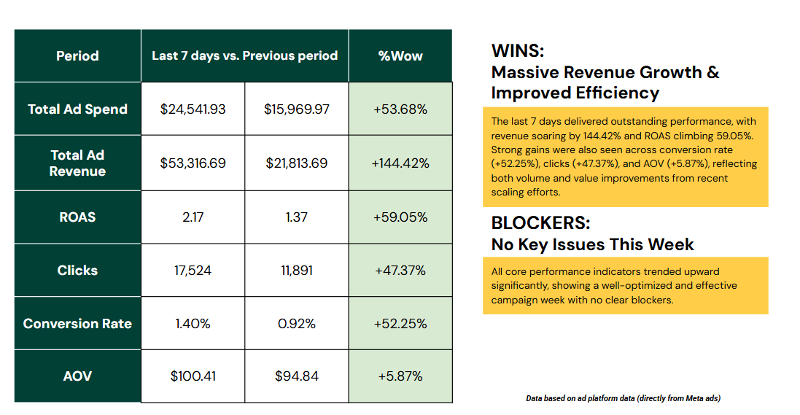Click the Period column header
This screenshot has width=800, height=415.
pyautogui.click(x=77, y=55)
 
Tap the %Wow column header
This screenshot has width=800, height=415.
pyautogui.click(x=400, y=55)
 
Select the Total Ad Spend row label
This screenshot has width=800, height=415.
pyautogui.click(x=77, y=109)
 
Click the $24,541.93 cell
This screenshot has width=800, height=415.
pyautogui.click(x=193, y=109)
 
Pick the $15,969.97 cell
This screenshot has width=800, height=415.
pyautogui.click(x=296, y=109)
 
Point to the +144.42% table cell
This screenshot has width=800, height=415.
pyautogui.click(x=400, y=163)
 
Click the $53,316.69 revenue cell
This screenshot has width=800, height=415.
pyautogui.click(x=193, y=163)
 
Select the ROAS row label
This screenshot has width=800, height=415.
pyautogui.click(x=77, y=217)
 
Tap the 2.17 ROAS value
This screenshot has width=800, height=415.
pyautogui.click(x=193, y=217)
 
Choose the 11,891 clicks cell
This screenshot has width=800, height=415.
pyautogui.click(x=296, y=270)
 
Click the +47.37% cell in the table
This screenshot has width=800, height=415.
pyautogui.click(x=400, y=270)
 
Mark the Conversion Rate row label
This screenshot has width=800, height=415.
pyautogui.click(x=77, y=324)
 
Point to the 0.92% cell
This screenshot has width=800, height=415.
pyautogui.click(x=296, y=324)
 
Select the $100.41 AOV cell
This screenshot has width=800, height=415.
pyautogui.click(x=193, y=376)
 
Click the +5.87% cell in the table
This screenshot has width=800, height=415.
pyautogui.click(x=400, y=376)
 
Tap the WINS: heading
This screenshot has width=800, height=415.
pyautogui.click(x=518, y=50)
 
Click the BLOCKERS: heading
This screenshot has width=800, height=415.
pyautogui.click(x=541, y=223)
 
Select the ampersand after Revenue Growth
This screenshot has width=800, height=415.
pyautogui.click(x=713, y=72)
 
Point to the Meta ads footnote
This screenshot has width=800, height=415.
pyautogui.click(x=623, y=398)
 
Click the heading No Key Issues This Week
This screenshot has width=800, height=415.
pyautogui.click(x=592, y=244)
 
